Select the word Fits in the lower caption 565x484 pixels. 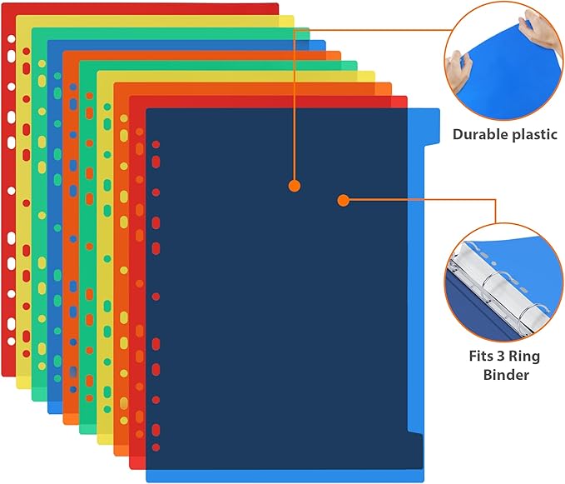pyautogui.click(x=479, y=357)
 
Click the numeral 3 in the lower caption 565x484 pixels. pyautogui.click(x=503, y=357)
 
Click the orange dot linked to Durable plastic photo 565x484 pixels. pyautogui.click(x=294, y=186)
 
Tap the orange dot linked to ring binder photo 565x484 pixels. pyautogui.click(x=342, y=200)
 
